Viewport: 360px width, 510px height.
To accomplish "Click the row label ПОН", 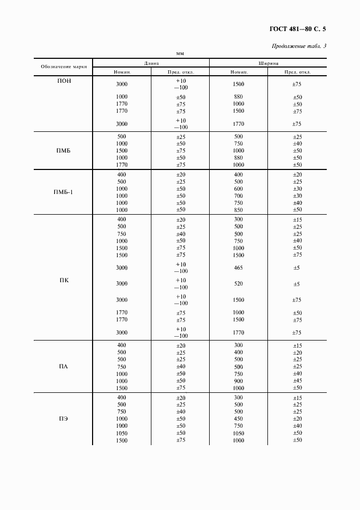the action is coord(64,82).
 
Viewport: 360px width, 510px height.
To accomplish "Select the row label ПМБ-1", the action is coord(64,192).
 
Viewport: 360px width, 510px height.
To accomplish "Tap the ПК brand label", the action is coord(64,280).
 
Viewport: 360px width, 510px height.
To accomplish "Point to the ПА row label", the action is coord(64,367).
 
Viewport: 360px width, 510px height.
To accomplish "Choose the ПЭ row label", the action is coord(64,418).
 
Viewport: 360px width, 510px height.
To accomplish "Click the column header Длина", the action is coord(151,63).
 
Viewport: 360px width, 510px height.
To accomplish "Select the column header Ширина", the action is coord(269,63).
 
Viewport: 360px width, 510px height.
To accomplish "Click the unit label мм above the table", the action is coord(180,53).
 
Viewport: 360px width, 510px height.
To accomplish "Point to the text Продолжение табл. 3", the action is coord(298,46).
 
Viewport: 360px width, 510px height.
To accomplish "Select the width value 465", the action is coord(238,268).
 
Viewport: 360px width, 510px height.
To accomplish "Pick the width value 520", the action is coord(238,284).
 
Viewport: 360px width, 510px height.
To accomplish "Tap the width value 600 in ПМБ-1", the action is coord(238,189).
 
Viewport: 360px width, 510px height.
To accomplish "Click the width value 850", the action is coord(238,210).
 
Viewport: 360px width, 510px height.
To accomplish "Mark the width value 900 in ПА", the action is coord(238,381).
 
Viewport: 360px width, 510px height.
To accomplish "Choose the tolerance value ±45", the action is coord(297,381).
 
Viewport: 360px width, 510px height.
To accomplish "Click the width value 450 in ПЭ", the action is coord(238,419).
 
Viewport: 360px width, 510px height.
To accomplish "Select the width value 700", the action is coord(238,196).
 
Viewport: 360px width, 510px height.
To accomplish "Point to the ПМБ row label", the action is coord(64,150).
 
